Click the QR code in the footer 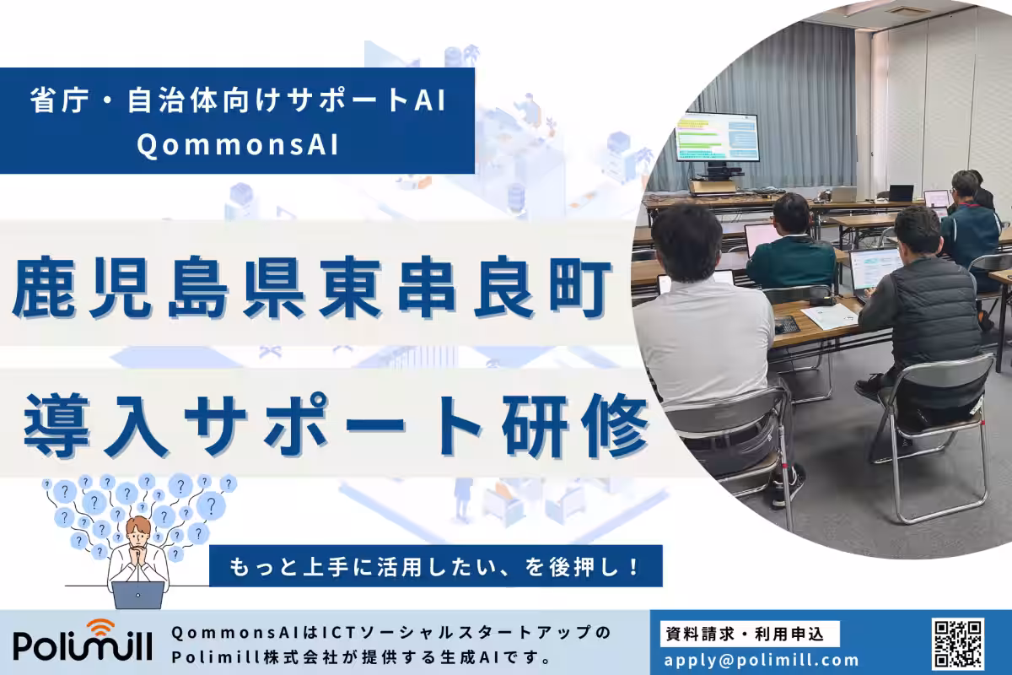tap(957, 643)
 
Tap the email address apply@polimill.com tap(762, 661)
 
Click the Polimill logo tap(83, 643)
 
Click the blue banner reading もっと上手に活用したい tap(435, 565)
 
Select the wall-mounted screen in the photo tap(717, 138)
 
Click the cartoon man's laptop tap(138, 594)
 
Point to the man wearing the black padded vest tap(923, 312)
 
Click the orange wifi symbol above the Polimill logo tap(100, 627)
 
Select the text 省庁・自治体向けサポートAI tap(237, 101)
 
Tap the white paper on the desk tap(829, 316)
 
